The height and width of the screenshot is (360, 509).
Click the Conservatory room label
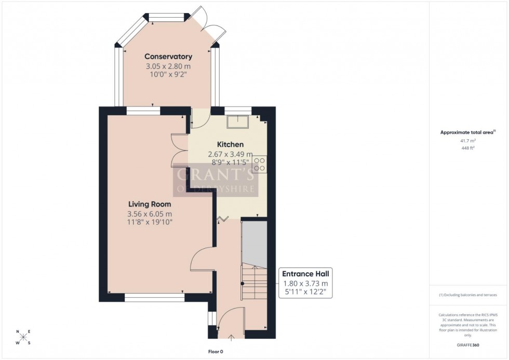[x=168, y=57]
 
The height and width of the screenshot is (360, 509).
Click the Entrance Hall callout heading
[x=305, y=274]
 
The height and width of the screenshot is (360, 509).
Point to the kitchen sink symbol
[x=239, y=121]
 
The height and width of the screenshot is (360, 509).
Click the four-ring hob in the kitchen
[x=260, y=164]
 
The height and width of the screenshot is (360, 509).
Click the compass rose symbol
[x=23, y=337]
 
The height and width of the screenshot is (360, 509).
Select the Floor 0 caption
[x=215, y=352]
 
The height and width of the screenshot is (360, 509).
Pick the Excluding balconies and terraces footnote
[x=467, y=295]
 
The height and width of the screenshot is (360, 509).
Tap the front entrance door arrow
[x=231, y=338]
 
